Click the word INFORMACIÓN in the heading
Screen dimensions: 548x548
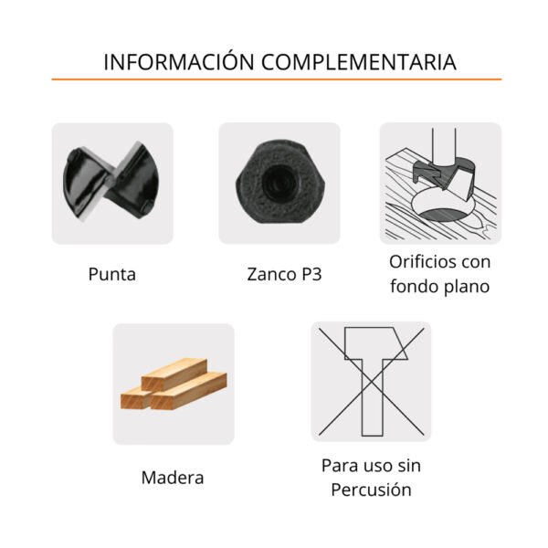(x=179, y=62)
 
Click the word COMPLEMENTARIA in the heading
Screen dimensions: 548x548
(x=359, y=62)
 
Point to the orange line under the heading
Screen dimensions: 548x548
(x=277, y=79)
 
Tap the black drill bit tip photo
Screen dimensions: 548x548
(x=111, y=181)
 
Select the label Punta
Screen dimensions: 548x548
(x=111, y=274)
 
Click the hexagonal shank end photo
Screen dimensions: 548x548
(x=280, y=182)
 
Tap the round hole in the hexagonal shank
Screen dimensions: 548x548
(x=279, y=182)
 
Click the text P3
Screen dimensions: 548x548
(x=311, y=274)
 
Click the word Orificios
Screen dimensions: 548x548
(x=417, y=262)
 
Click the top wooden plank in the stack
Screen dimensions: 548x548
(x=174, y=374)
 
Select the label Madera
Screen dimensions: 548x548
(x=173, y=478)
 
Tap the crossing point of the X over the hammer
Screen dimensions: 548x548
(x=373, y=381)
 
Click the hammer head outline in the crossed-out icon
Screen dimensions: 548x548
(x=376, y=343)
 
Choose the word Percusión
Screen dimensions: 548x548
(x=371, y=490)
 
